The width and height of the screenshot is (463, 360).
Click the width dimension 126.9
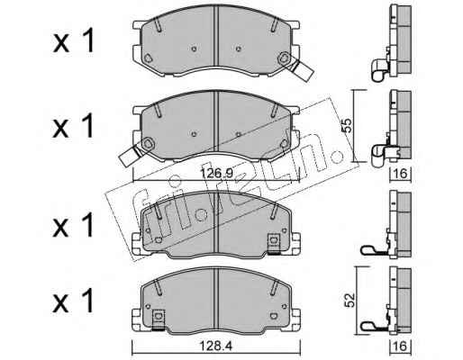(217, 173)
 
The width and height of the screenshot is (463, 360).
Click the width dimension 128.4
(216, 346)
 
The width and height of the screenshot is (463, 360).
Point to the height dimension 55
(347, 126)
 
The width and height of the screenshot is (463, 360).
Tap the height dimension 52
(350, 300)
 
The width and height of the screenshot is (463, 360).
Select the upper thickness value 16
(400, 174)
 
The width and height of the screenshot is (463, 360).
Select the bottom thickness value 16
(400, 346)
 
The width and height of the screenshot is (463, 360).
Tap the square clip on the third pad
(274, 242)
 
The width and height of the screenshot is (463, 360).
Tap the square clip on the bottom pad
(159, 319)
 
